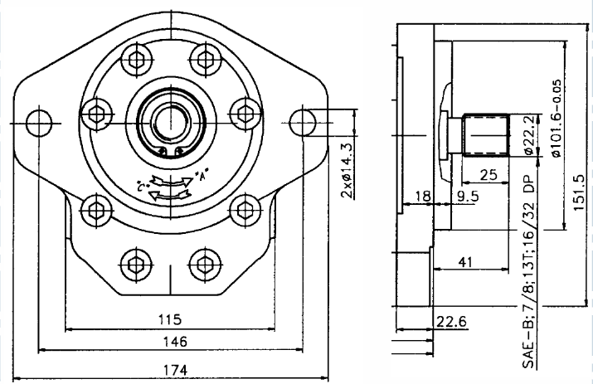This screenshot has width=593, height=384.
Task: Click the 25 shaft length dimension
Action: [488, 175]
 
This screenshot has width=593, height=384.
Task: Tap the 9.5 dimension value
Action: [468, 197]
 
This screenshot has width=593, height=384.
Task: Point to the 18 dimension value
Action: [422, 197]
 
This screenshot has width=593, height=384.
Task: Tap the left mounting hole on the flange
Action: [38, 122]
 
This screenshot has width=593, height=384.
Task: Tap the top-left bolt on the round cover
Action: [134, 59]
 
